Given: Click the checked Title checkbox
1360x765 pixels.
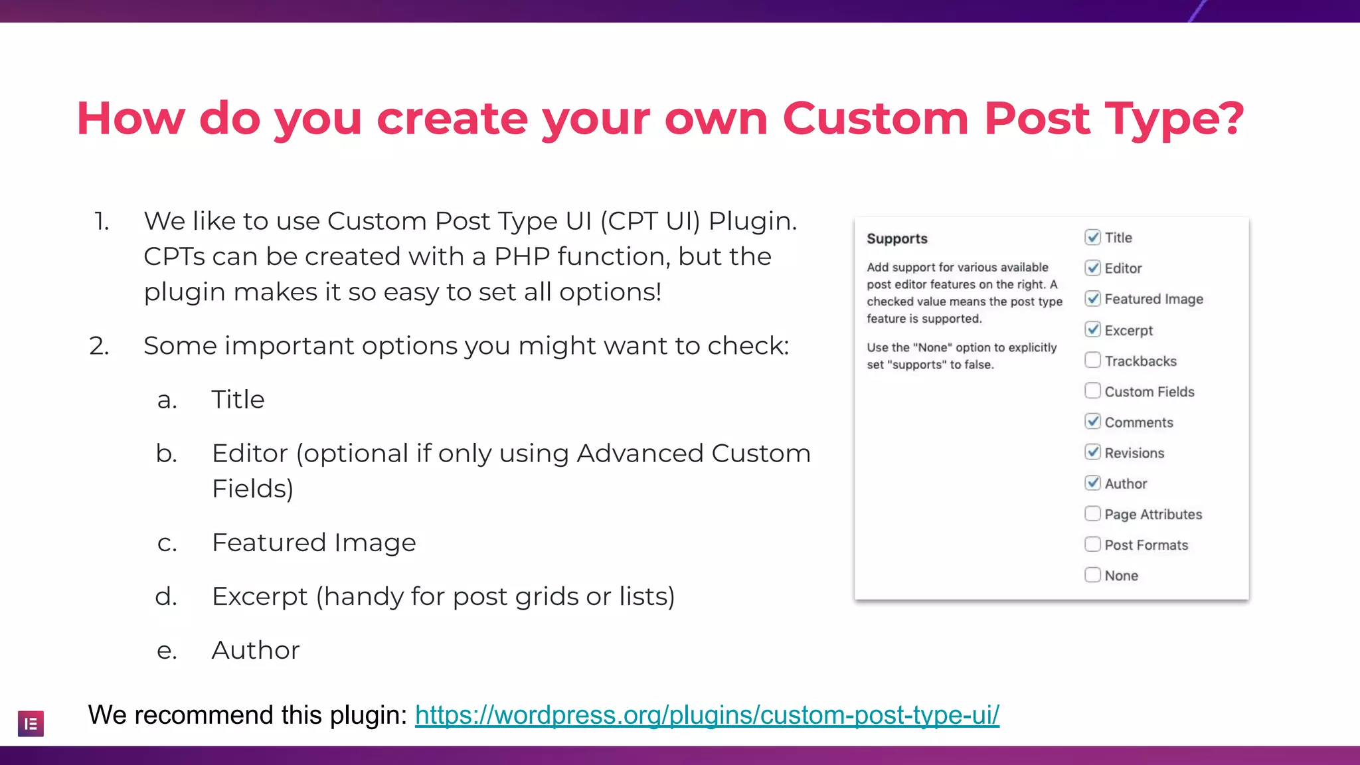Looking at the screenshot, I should [1092, 237].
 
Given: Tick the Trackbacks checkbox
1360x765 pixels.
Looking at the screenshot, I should [1092, 360].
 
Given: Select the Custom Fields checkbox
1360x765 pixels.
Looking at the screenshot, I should [1092, 390].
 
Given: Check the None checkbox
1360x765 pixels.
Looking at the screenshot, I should [1092, 574].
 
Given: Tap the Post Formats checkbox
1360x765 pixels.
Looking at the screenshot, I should [1092, 544].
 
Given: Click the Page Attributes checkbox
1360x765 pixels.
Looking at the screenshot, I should [1092, 513].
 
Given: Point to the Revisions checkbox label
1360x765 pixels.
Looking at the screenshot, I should [1134, 453].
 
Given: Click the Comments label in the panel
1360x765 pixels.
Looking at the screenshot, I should [1138, 422].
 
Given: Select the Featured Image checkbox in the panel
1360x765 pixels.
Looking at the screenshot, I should [1092, 298].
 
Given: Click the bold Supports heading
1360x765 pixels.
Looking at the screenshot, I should [896, 238].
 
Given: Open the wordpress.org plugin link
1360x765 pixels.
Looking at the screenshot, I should [707, 715].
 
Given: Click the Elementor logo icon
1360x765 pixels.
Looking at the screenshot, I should [31, 723].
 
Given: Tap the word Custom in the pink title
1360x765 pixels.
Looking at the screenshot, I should [875, 118].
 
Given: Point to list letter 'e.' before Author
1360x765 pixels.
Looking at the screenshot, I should [167, 650].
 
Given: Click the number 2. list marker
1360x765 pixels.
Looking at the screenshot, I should [99, 346].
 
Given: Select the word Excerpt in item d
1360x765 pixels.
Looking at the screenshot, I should [260, 596].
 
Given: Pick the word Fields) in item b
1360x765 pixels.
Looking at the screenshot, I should [252, 489].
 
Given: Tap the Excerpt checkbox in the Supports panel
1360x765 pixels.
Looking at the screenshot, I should [1092, 329].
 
